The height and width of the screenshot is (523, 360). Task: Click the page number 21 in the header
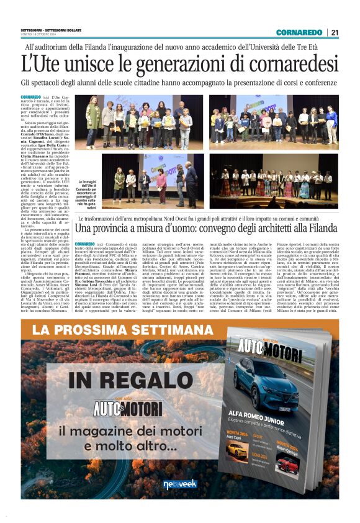[335, 32]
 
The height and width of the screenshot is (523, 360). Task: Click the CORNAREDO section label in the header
[299, 32]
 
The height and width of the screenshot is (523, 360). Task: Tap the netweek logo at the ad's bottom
[180, 484]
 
